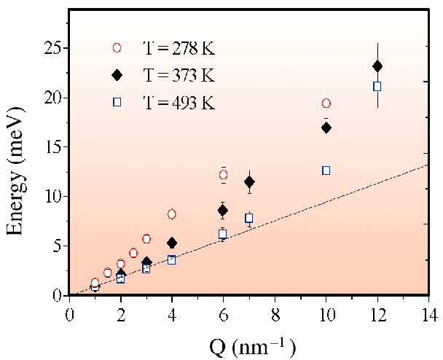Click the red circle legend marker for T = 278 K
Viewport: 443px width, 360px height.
[x=117, y=48]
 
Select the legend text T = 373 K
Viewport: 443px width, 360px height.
[x=178, y=75]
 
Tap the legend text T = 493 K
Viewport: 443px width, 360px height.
[x=178, y=102]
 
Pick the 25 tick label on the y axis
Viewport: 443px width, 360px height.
[x=52, y=48]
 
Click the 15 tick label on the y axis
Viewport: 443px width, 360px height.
[x=52, y=147]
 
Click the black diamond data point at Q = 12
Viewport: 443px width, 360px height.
[x=377, y=66]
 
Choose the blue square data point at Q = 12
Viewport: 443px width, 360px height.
[x=377, y=86]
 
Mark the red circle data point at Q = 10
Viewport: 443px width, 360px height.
[x=326, y=103]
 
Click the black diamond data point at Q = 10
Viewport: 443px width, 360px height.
[x=326, y=128]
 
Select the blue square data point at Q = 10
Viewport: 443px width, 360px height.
[x=326, y=171]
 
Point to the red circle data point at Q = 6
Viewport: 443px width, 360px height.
[x=223, y=175]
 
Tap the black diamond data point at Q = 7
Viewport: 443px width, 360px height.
[x=249, y=181]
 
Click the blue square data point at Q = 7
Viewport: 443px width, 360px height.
[x=249, y=218]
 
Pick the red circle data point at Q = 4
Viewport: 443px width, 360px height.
[x=172, y=214]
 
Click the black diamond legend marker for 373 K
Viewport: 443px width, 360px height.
[x=117, y=75]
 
